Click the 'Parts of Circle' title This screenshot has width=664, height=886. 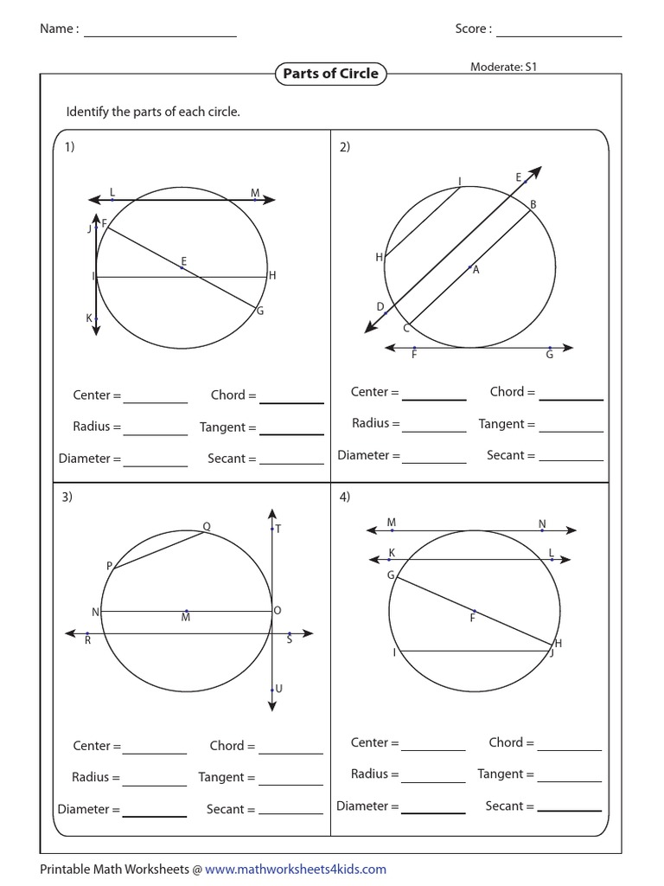pos(331,74)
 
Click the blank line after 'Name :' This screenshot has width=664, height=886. pos(160,31)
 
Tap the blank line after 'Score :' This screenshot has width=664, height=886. pos(559,31)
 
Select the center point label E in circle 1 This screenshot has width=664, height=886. pos(184,260)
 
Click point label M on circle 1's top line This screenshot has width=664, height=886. pos(255,192)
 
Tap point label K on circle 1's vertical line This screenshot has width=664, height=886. pos(88,318)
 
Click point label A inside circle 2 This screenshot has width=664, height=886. pos(476,270)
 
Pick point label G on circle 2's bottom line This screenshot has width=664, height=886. pos(549,355)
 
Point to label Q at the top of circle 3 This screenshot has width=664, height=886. pos(207,525)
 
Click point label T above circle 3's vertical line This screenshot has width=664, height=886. pos(278,529)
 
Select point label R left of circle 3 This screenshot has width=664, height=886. pos(87,641)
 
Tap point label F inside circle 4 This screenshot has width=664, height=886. pos(473,618)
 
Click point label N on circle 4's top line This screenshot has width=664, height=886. pos(542,523)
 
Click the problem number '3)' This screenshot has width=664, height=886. pos(67,497)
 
